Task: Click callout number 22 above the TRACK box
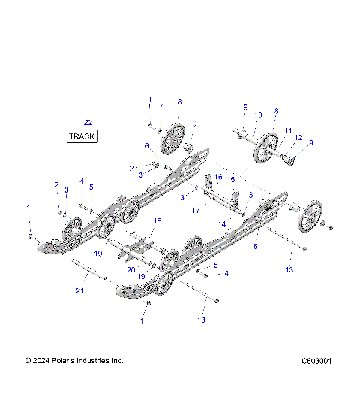[88, 122]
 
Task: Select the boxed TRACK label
[82, 136]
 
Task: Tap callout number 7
[160, 106]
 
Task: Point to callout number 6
[147, 145]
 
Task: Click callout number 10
[259, 115]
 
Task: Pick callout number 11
[288, 130]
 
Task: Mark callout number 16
[219, 177]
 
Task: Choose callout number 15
[231, 180]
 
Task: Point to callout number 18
[157, 221]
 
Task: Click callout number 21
[79, 291]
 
